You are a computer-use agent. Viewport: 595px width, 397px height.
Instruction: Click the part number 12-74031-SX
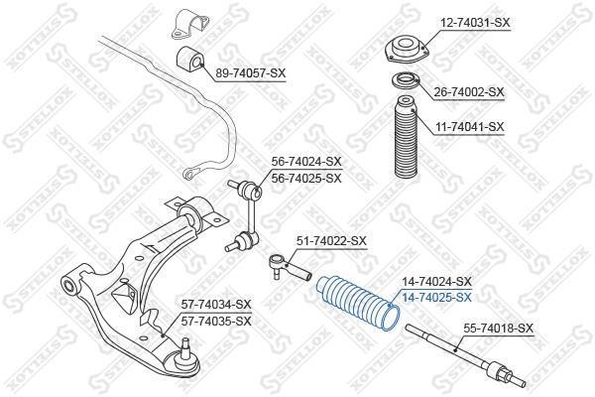pyautogui.click(x=475, y=23)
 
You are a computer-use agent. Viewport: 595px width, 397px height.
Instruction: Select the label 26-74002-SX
pyautogui.click(x=469, y=92)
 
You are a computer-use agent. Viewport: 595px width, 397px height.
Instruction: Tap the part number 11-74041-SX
pyautogui.click(x=469, y=126)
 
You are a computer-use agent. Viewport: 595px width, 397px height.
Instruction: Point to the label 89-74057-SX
pyautogui.click(x=250, y=72)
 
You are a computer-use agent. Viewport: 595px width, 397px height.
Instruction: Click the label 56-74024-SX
pyautogui.click(x=306, y=162)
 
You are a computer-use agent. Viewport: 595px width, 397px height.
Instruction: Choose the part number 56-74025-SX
pyautogui.click(x=306, y=178)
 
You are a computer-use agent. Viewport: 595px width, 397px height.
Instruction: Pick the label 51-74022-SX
pyautogui.click(x=331, y=241)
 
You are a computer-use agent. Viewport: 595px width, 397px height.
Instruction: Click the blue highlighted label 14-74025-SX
pyautogui.click(x=436, y=298)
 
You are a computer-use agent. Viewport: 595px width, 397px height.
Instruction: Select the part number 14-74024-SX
pyautogui.click(x=436, y=282)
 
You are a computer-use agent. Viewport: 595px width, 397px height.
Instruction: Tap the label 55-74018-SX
pyautogui.click(x=498, y=328)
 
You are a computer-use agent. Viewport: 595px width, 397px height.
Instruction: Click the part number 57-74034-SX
pyautogui.click(x=216, y=305)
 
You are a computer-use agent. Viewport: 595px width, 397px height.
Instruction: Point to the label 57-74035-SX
pyautogui.click(x=216, y=322)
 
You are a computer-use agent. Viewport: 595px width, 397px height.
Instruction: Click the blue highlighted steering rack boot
pyautogui.click(x=358, y=303)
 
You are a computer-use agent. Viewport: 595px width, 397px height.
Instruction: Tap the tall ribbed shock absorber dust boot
pyautogui.click(x=406, y=137)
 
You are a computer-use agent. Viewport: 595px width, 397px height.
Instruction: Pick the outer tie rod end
pyautogui.click(x=290, y=267)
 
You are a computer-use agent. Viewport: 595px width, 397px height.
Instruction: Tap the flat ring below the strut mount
pyautogui.click(x=406, y=81)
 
